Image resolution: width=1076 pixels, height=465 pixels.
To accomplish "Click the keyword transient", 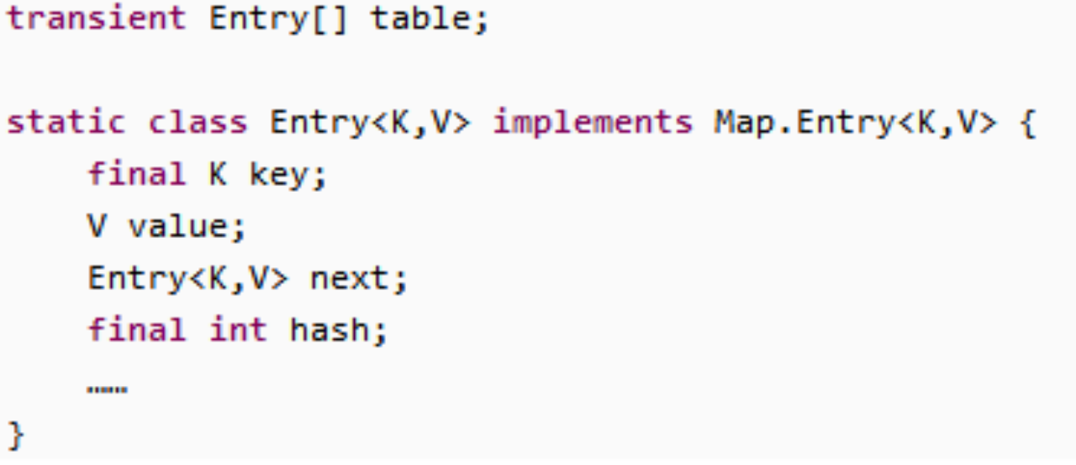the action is pos(97,18).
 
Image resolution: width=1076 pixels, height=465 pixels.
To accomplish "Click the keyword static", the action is pos(66,123).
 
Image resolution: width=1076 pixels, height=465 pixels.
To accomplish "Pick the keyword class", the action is pos(198,123).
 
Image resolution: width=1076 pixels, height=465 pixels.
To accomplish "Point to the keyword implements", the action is pos(593,123).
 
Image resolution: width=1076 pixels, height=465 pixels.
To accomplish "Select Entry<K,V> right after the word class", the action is pos(371,123).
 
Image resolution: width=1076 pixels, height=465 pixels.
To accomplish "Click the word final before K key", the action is pos(137,174).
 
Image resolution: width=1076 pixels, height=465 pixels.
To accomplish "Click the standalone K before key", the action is pos(217,174).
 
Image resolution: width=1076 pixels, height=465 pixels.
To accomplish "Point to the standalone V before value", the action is pos(97,226).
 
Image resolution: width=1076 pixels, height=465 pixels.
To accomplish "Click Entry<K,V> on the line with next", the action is pos(188,278).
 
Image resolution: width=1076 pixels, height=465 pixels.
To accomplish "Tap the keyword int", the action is pos(238,330).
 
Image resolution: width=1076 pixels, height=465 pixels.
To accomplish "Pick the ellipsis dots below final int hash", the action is pos(107,389).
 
